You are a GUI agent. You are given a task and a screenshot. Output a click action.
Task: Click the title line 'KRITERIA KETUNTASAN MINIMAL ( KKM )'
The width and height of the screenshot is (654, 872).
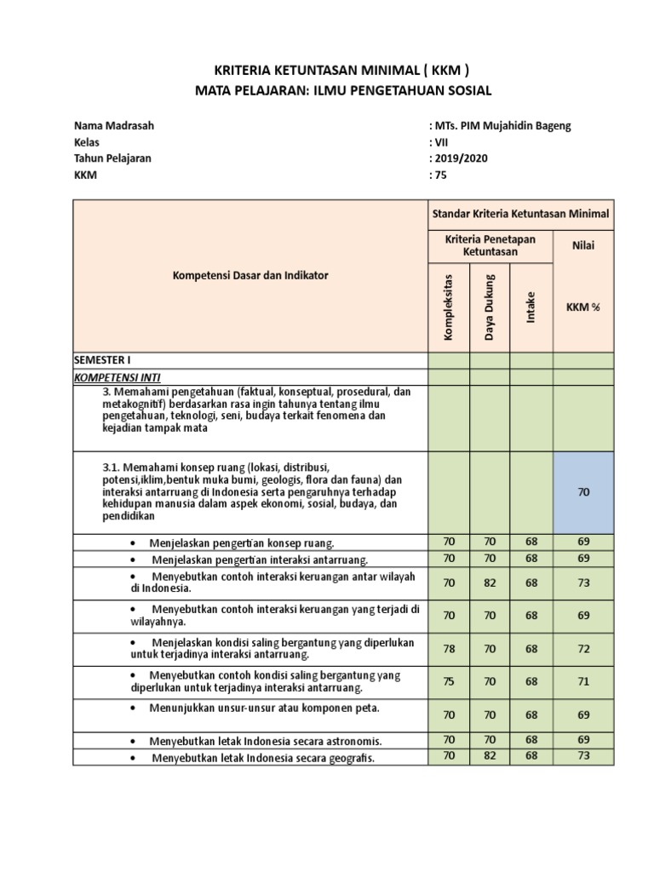point(326,70)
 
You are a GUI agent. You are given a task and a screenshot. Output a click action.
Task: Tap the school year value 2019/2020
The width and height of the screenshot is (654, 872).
point(465,159)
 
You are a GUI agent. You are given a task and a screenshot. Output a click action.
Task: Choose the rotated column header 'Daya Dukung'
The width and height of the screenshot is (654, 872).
point(490,304)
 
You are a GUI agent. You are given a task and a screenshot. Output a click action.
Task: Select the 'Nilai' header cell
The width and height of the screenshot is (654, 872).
point(582,246)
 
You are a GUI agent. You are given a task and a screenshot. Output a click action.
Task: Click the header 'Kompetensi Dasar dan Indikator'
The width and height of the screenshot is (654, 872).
point(250,275)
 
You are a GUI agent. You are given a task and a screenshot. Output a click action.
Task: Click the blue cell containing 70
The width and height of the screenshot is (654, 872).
point(582,492)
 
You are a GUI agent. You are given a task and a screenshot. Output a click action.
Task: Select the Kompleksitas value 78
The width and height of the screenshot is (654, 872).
point(448,648)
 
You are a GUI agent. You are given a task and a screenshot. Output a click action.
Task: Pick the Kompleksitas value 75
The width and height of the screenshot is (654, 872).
point(448,681)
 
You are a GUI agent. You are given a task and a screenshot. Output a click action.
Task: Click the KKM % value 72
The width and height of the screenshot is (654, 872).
point(582,648)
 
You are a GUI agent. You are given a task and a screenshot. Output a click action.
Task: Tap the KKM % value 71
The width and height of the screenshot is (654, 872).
point(582,681)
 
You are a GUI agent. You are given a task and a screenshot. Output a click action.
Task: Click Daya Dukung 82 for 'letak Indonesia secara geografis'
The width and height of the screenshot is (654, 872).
point(490,755)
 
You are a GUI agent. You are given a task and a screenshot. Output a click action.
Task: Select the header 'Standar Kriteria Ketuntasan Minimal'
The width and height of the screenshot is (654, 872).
point(519,213)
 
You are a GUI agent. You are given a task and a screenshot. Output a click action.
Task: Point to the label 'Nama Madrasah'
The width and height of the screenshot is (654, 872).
point(114,126)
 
